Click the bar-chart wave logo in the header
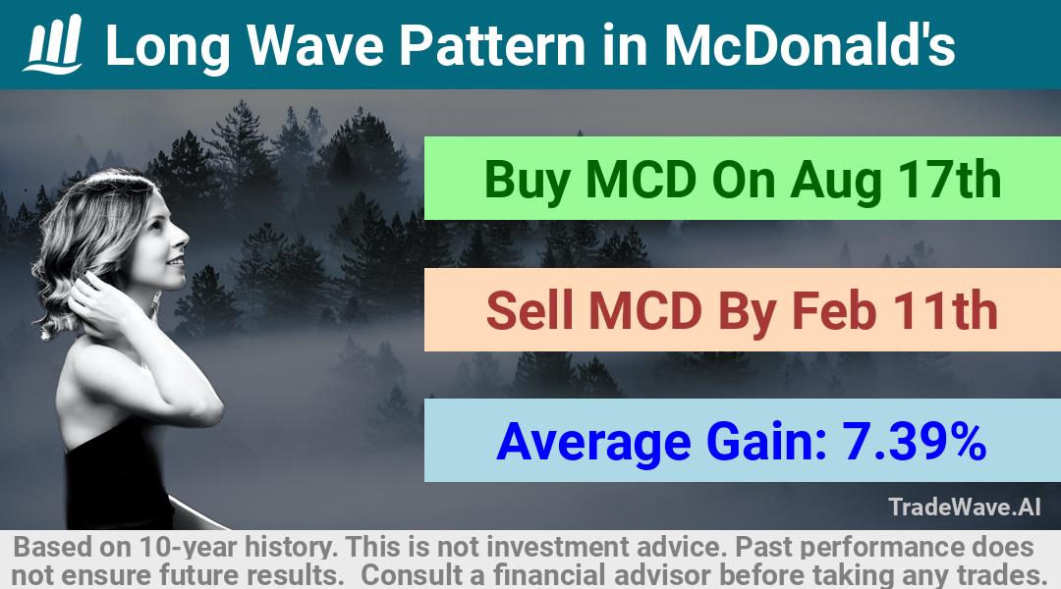[x=53, y=44]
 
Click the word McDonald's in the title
[x=810, y=45]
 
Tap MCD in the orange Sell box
[x=644, y=311]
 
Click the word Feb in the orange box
[x=834, y=311]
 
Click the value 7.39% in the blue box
[x=914, y=442]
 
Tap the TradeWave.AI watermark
[x=965, y=507]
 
